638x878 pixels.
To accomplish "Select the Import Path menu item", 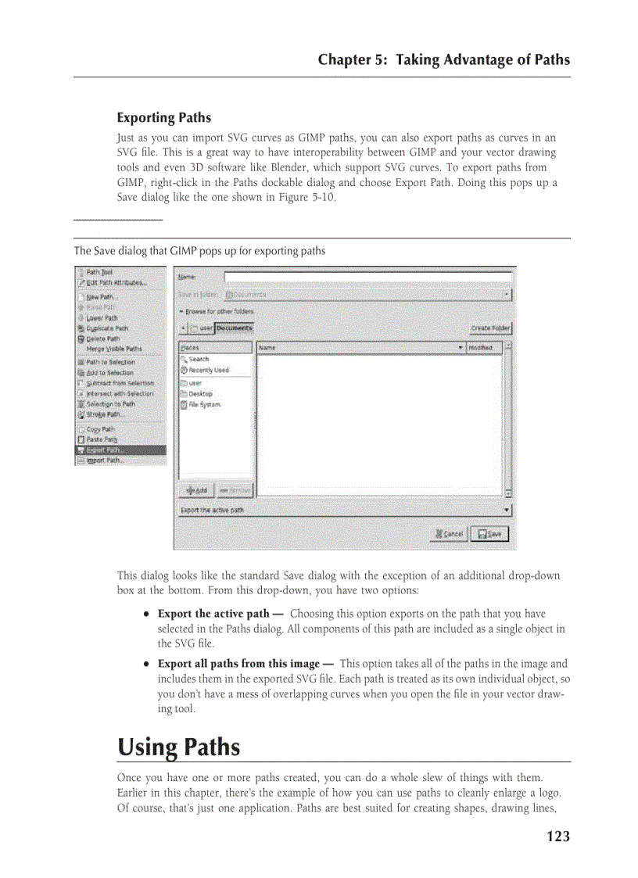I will tap(105, 461).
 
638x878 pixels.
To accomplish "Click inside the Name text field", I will tap(367, 277).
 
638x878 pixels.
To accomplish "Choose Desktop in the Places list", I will tap(200, 394).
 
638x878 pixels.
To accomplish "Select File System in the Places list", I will tap(204, 405).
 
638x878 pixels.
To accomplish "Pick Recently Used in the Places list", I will tap(208, 370).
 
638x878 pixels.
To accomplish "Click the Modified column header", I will tap(482, 348).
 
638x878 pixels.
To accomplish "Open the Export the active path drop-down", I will tap(344, 511).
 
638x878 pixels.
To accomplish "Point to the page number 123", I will tap(557, 837).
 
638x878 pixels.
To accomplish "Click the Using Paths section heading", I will tap(178, 747).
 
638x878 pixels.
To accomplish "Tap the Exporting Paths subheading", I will tap(163, 118).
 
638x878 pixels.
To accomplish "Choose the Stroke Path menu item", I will tap(105, 414).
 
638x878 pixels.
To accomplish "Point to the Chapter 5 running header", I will tap(443, 59).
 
